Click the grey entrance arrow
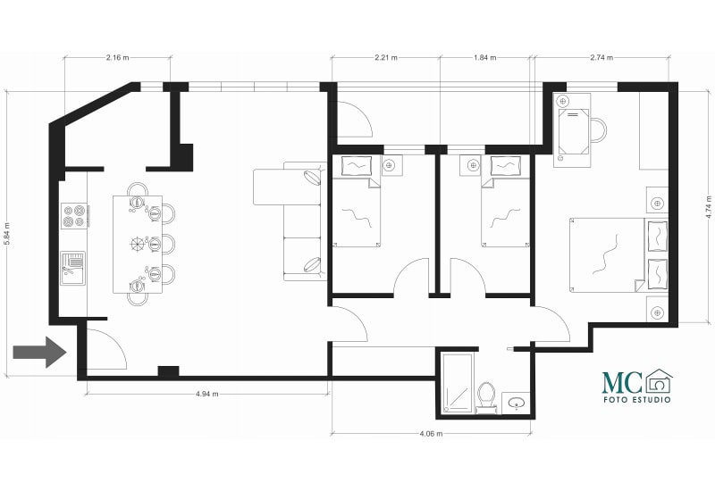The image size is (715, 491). point(40,352)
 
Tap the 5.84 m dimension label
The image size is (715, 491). point(7,235)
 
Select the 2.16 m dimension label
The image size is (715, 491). point(118,57)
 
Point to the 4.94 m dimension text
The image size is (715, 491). point(207,394)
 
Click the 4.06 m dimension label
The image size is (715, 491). point(431,434)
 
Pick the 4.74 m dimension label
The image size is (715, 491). point(708,207)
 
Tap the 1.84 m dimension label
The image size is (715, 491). point(484,57)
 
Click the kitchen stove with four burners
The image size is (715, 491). point(74,216)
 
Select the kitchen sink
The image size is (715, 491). point(73,269)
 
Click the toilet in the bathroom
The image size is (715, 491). point(486,396)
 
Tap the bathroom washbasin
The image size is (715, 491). point(517,403)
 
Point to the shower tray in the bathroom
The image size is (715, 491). point(457,383)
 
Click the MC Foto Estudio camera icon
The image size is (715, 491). point(659,381)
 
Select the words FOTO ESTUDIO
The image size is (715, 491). point(637,399)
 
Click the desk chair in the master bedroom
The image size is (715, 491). point(598,129)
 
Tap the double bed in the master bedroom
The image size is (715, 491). point(618,254)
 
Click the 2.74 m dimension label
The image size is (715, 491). point(601,57)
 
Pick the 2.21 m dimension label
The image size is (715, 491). point(386,57)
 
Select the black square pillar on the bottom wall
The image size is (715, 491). point(168,371)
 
